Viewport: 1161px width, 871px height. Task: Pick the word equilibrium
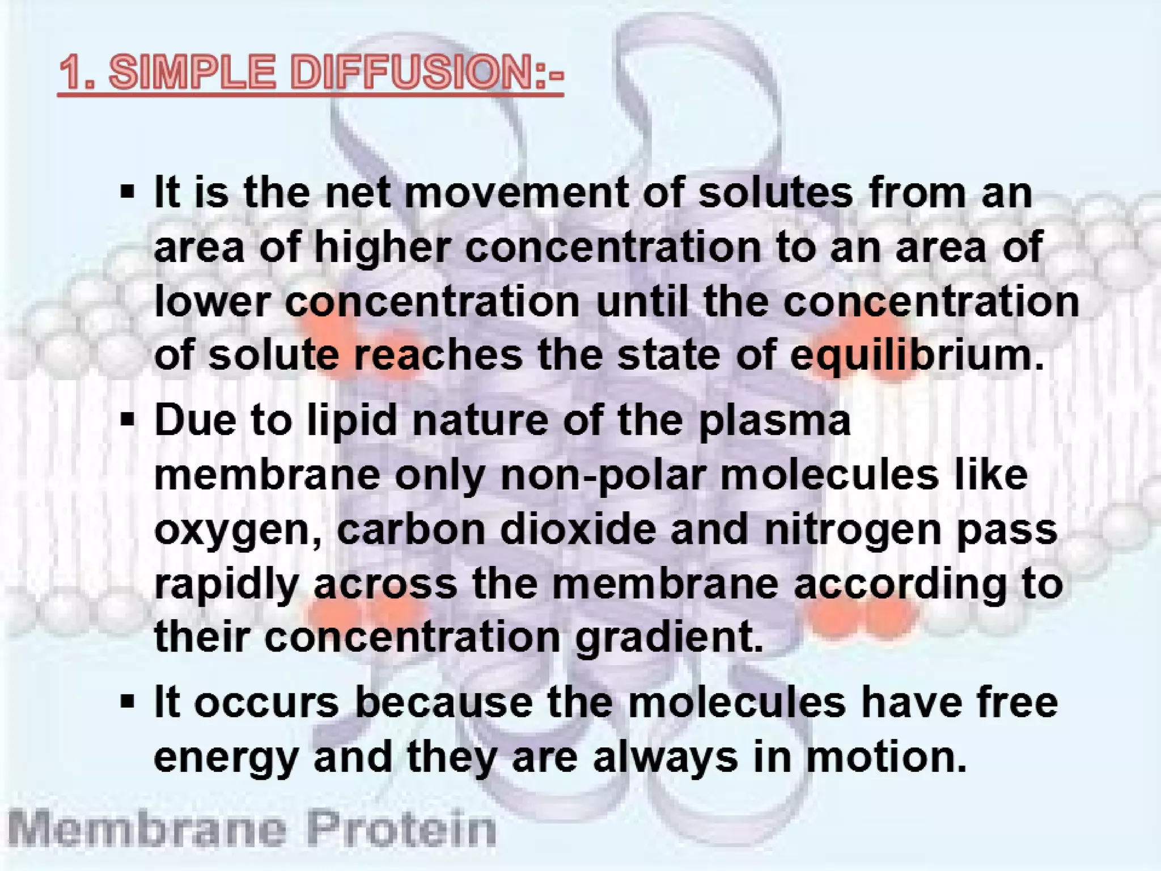pyautogui.click(x=916, y=356)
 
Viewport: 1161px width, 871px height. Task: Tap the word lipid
pyautogui.click(x=351, y=421)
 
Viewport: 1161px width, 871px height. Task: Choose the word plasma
pyautogui.click(x=774, y=421)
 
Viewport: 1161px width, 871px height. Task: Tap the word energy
pyautogui.click(x=226, y=759)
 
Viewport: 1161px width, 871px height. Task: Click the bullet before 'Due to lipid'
pyautogui.click(x=128, y=421)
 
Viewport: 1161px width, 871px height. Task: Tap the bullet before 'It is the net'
pyautogui.click(x=128, y=193)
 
